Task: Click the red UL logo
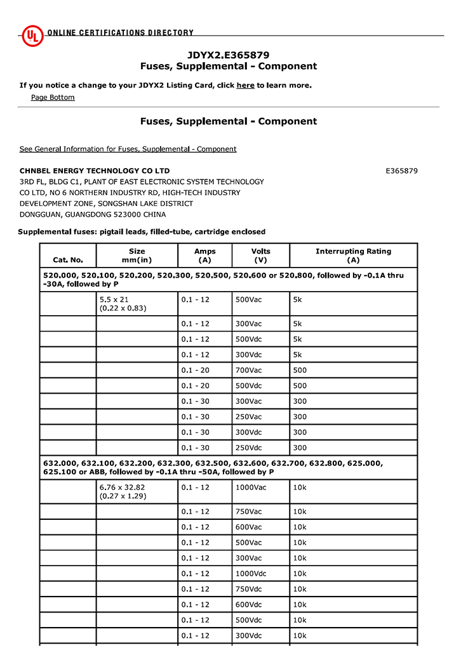click(x=32, y=36)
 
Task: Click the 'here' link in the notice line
click(x=245, y=85)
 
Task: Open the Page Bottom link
click(x=53, y=97)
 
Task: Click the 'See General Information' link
click(x=128, y=149)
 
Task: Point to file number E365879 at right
click(x=401, y=171)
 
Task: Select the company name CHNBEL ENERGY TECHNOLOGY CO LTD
click(x=95, y=171)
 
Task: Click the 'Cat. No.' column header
click(x=68, y=259)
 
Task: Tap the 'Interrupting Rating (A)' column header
click(x=353, y=256)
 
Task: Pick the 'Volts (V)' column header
click(x=260, y=256)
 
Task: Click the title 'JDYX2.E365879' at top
click(x=229, y=55)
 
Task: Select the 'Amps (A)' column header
click(x=204, y=256)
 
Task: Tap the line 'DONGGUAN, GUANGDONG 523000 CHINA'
click(x=93, y=214)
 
